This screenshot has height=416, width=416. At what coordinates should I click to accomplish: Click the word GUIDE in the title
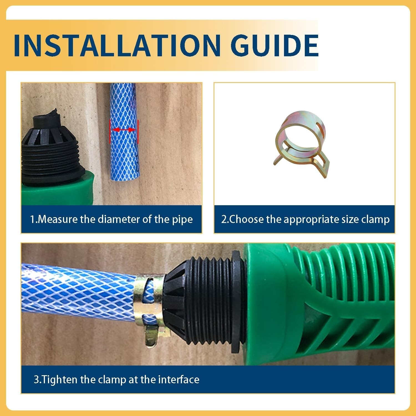(x=275, y=45)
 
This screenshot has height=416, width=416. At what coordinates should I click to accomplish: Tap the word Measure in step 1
(x=58, y=219)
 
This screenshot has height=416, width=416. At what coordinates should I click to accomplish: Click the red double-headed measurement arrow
(x=124, y=130)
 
